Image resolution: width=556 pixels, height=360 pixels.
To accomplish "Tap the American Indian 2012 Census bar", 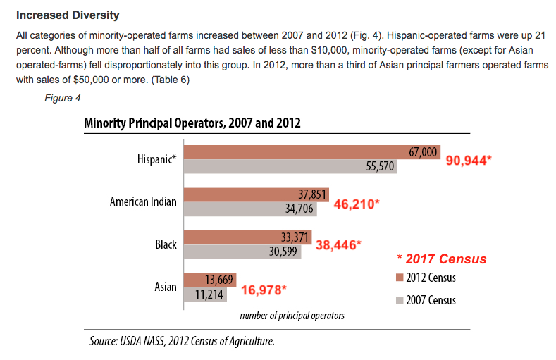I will [x=252, y=194].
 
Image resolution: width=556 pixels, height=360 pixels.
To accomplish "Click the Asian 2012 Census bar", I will [x=209, y=280].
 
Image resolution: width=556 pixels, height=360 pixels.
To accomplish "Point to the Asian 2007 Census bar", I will [x=204, y=295].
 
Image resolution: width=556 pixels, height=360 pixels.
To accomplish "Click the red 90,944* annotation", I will [x=469, y=160].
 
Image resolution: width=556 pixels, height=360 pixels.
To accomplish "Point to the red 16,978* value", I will [x=264, y=289].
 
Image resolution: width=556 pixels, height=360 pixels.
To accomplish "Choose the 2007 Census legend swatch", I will [x=398, y=300].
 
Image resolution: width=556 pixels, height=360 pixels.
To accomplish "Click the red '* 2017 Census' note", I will [x=440, y=259].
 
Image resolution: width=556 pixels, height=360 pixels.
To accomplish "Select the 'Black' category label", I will [x=166, y=245].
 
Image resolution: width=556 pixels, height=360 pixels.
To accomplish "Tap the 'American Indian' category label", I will [x=143, y=202].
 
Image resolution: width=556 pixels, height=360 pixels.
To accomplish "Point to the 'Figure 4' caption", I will [x=62, y=98].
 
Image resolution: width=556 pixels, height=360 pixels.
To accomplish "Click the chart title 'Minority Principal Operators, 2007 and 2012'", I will [x=192, y=123].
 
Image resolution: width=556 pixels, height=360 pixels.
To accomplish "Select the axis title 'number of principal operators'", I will [x=292, y=316].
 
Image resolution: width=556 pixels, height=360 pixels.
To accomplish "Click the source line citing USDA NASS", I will [x=181, y=341].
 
